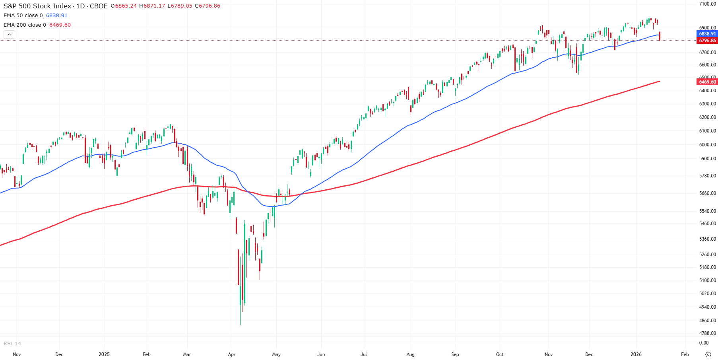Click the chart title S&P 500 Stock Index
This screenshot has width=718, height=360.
tap(37, 6)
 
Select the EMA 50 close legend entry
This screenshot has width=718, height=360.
tap(23, 16)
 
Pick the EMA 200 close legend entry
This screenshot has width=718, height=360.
tap(25, 25)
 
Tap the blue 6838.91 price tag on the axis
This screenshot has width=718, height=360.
tap(707, 34)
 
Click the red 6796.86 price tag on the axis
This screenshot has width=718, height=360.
tap(707, 41)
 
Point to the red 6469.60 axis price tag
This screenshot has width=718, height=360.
tap(707, 82)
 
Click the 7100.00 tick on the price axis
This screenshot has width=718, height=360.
tap(707, 4)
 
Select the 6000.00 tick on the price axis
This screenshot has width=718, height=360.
tap(707, 145)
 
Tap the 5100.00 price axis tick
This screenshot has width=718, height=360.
tap(707, 280)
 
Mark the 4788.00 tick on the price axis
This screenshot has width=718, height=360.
tap(707, 333)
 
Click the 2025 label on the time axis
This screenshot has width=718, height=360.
tap(104, 354)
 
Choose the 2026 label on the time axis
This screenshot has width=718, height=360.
tap(636, 354)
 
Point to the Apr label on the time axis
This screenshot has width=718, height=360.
tap(232, 354)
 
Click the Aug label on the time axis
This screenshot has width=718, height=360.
tap(411, 354)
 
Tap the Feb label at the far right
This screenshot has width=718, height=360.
tap(685, 354)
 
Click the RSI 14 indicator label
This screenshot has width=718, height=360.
tap(12, 343)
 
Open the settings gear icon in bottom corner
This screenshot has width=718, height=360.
tap(708, 354)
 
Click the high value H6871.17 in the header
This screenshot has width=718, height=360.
tap(152, 6)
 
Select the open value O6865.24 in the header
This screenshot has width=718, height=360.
tap(124, 6)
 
